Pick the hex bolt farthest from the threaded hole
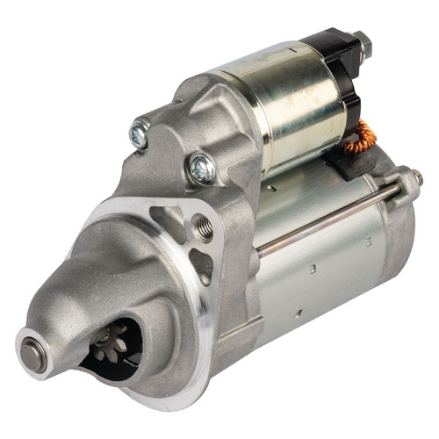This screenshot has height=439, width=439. click(x=139, y=134)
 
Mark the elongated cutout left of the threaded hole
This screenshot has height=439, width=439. click(x=162, y=216)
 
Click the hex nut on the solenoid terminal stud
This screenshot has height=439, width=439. click(x=362, y=40)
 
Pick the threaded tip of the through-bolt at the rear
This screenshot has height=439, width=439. click(x=415, y=177)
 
